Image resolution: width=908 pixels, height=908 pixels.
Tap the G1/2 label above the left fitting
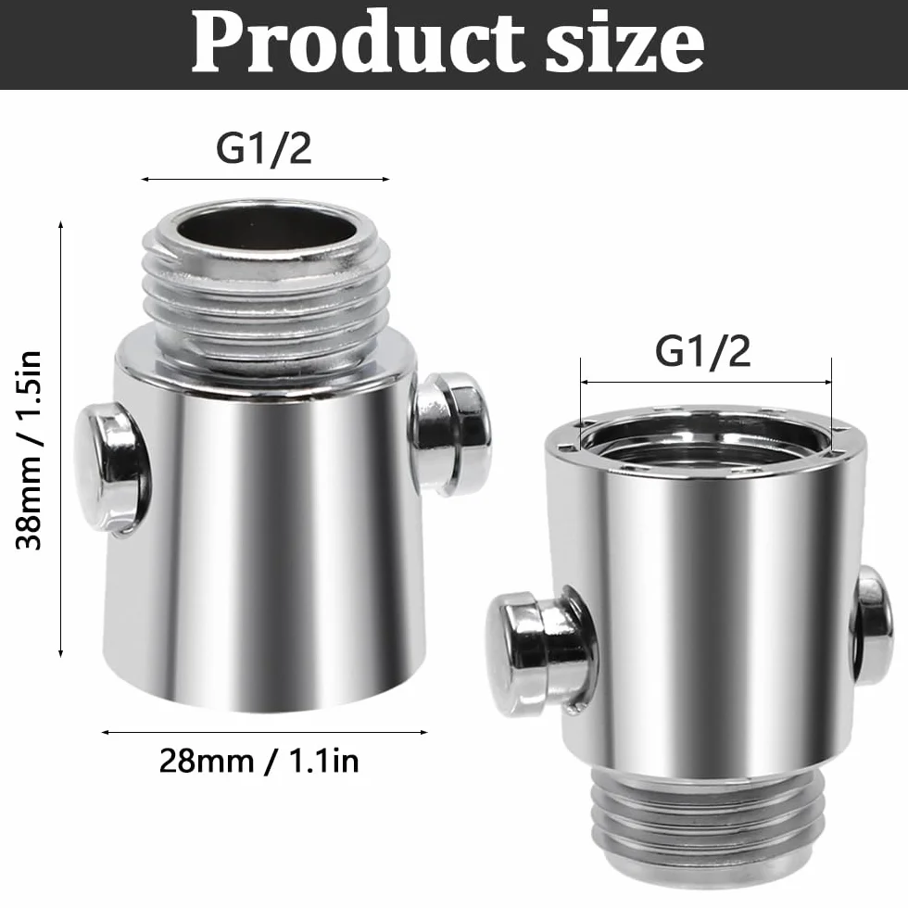point(263,149)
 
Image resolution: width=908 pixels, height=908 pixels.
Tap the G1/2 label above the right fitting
point(702,351)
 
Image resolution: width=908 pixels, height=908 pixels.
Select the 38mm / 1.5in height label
point(29,450)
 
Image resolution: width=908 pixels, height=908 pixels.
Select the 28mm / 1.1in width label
point(259,761)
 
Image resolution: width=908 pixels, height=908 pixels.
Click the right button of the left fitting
point(452,434)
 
